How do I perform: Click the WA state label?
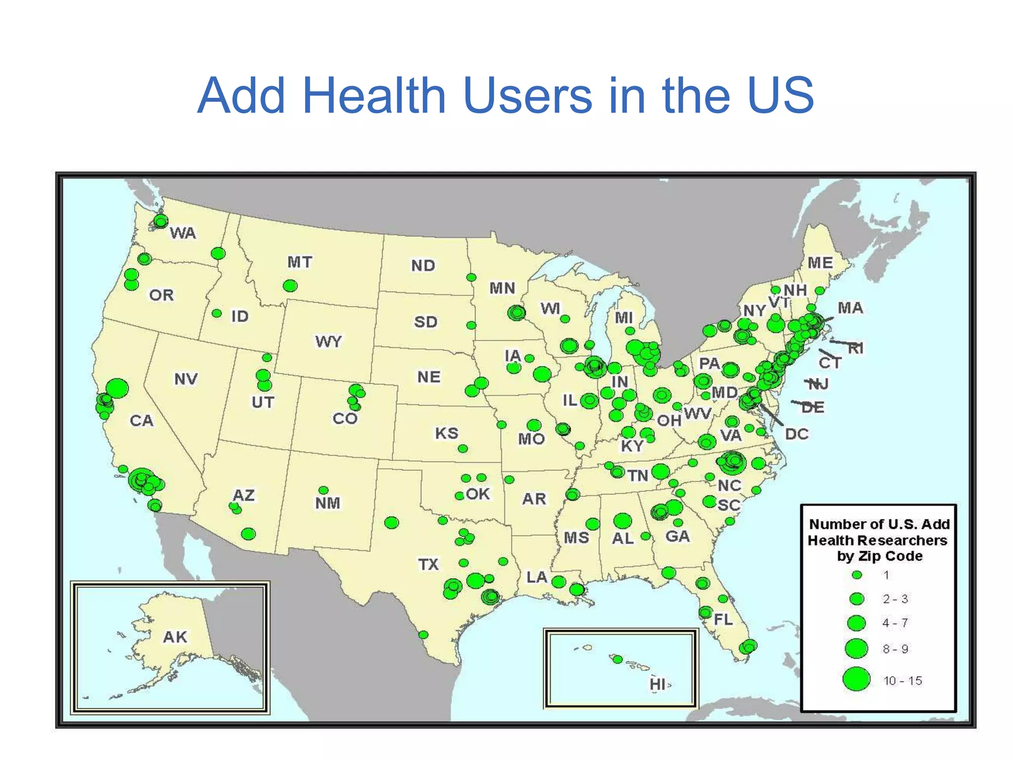pyautogui.click(x=183, y=233)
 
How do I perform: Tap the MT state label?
pyautogui.click(x=300, y=262)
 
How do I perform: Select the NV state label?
pyautogui.click(x=186, y=379)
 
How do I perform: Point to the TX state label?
pyautogui.click(x=428, y=564)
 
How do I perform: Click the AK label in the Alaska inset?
pyautogui.click(x=175, y=637)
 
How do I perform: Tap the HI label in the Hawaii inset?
pyautogui.click(x=657, y=684)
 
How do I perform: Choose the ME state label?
pyautogui.click(x=820, y=263)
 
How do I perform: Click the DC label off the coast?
pyautogui.click(x=797, y=434)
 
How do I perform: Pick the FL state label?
pyautogui.click(x=723, y=619)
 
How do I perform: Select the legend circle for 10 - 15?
pyautogui.click(x=856, y=679)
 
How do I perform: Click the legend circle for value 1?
pyautogui.click(x=857, y=575)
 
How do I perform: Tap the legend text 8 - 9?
pyautogui.click(x=896, y=649)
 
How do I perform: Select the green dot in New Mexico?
pyautogui.click(x=323, y=490)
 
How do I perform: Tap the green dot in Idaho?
pyautogui.click(x=217, y=313)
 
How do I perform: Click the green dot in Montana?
pyautogui.click(x=290, y=285)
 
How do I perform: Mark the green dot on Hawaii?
pyautogui.click(x=617, y=659)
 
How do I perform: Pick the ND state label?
pyautogui.click(x=423, y=266)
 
